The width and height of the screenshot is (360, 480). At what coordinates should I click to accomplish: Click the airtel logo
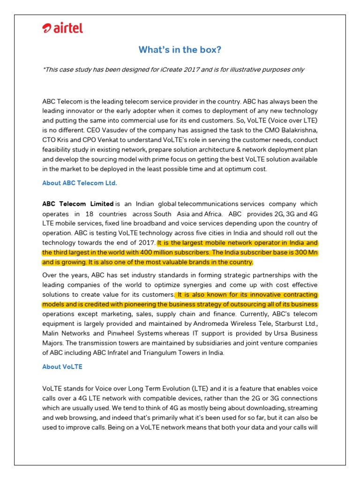62,29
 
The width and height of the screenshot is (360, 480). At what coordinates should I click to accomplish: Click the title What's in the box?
180,50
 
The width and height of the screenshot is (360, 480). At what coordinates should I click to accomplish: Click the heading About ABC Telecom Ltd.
79,183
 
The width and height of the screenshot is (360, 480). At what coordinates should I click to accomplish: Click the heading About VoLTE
62,367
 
